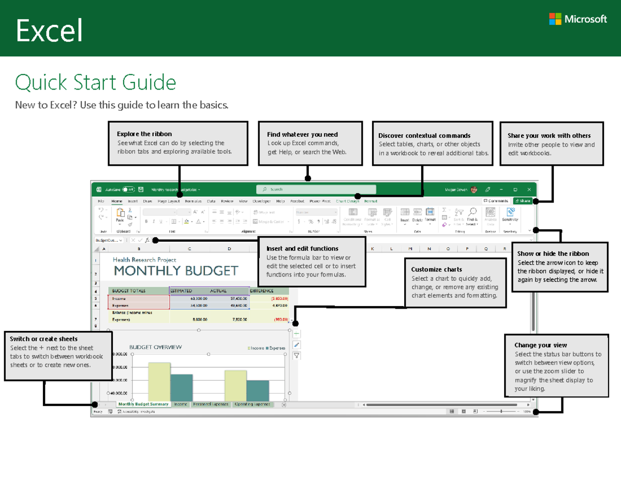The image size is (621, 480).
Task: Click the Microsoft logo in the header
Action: (x=578, y=19)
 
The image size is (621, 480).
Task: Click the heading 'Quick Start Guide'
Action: (x=96, y=82)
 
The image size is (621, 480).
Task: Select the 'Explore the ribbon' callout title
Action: (x=144, y=134)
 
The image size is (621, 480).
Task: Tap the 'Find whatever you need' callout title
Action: (x=302, y=135)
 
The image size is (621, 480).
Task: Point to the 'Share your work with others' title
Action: (x=549, y=136)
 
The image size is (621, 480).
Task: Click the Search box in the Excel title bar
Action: (x=316, y=190)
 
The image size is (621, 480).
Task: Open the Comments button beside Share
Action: (x=496, y=201)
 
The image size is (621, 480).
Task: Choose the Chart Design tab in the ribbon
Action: (x=347, y=201)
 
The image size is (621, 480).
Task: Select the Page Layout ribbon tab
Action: (x=169, y=201)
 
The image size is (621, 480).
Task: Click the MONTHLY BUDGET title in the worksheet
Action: (x=176, y=271)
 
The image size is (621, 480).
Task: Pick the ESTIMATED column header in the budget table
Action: (x=181, y=291)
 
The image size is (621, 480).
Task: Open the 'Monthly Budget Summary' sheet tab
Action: (x=143, y=404)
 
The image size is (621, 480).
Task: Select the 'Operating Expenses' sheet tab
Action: (x=252, y=404)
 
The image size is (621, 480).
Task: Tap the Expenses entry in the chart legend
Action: (x=276, y=348)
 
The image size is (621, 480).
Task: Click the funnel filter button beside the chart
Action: (x=297, y=356)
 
